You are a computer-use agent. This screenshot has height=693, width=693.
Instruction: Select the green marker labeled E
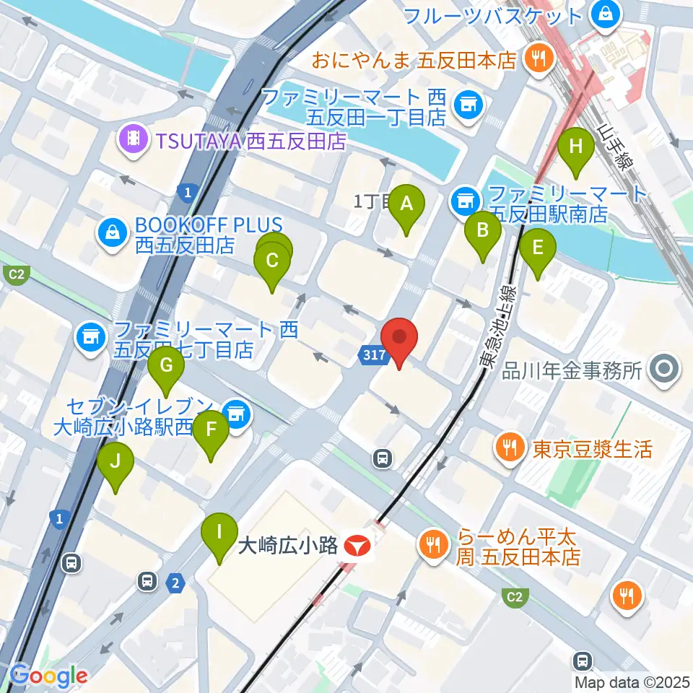[538, 248]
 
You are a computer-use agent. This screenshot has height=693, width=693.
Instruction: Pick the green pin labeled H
[576, 147]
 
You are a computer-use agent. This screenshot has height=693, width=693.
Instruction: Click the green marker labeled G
[166, 367]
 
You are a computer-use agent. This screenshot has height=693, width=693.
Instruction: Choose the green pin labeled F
[211, 431]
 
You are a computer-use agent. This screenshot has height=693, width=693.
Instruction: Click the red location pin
[399, 339]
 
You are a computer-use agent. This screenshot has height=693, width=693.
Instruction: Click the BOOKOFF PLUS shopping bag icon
[113, 233]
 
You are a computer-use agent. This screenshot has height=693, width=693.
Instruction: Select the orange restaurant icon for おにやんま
[537, 58]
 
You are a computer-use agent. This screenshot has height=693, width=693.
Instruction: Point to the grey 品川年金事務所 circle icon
[663, 371]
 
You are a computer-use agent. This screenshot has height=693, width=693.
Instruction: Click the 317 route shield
[370, 354]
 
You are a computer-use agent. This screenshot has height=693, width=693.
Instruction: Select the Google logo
[49, 676]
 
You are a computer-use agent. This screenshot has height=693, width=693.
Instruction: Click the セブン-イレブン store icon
[235, 414]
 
